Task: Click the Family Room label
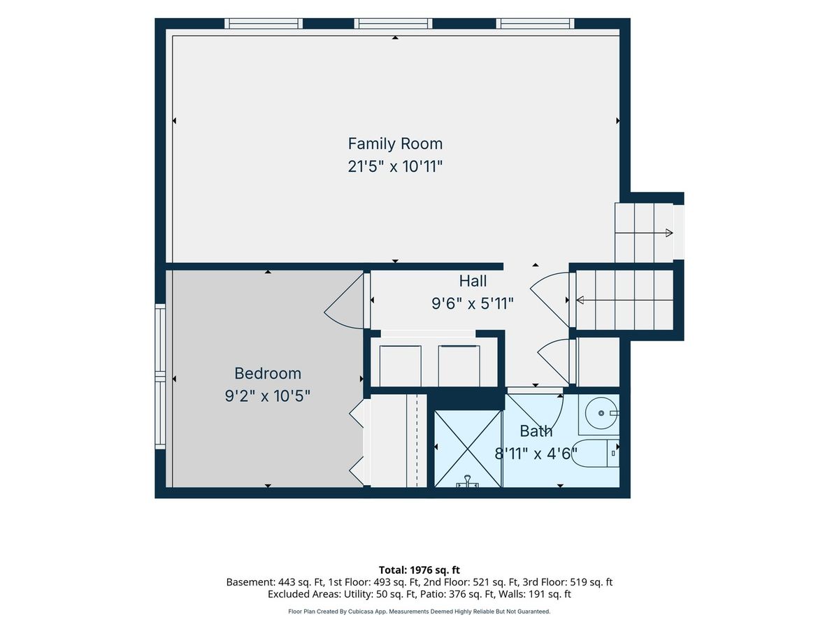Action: point(395,143)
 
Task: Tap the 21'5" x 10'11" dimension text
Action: point(395,166)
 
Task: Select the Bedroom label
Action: point(268,373)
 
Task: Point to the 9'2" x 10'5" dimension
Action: point(268,396)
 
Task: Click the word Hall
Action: point(473,281)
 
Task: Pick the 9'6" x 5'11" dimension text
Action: point(473,304)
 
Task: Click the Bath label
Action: point(536,431)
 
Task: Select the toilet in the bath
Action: point(596,454)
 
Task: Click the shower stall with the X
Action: point(468,449)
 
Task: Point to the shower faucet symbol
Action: point(468,482)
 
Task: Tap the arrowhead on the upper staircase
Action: point(669,233)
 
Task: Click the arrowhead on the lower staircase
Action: point(580,301)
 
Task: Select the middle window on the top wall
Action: point(393,23)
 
